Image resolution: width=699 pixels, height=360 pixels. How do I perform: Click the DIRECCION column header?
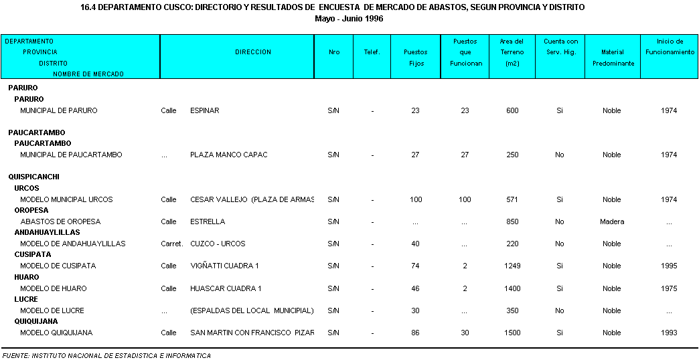(x=253, y=52)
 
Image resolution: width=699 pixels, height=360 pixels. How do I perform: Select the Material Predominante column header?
(x=612, y=58)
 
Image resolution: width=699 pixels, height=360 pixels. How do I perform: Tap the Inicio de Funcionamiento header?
(x=670, y=47)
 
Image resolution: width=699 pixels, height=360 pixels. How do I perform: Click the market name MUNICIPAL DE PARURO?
(x=59, y=110)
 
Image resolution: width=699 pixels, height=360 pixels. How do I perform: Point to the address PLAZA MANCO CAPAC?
(x=228, y=155)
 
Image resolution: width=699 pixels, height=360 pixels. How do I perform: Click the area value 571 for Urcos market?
(x=512, y=199)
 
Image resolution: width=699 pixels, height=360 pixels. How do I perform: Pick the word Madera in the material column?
(x=612, y=221)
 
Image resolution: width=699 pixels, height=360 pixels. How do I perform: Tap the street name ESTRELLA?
(x=208, y=221)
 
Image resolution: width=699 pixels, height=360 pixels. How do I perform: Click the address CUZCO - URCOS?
(x=218, y=244)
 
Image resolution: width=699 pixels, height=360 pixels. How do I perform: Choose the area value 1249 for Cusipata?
(x=512, y=266)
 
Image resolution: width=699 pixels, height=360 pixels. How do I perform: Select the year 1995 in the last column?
(x=669, y=266)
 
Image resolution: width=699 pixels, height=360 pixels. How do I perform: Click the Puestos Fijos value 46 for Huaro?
(x=415, y=288)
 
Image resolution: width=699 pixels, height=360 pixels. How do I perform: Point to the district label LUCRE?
(x=26, y=299)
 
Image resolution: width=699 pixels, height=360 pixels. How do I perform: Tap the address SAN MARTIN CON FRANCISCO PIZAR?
(x=252, y=333)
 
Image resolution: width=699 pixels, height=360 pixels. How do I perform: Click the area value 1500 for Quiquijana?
(x=512, y=333)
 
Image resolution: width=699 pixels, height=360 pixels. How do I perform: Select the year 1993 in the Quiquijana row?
(x=669, y=333)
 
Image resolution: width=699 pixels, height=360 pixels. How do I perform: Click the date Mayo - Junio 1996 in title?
(x=349, y=18)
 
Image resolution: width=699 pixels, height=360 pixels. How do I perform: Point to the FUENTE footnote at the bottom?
(x=106, y=355)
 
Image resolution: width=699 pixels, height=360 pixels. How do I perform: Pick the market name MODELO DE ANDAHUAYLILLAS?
(x=73, y=244)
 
